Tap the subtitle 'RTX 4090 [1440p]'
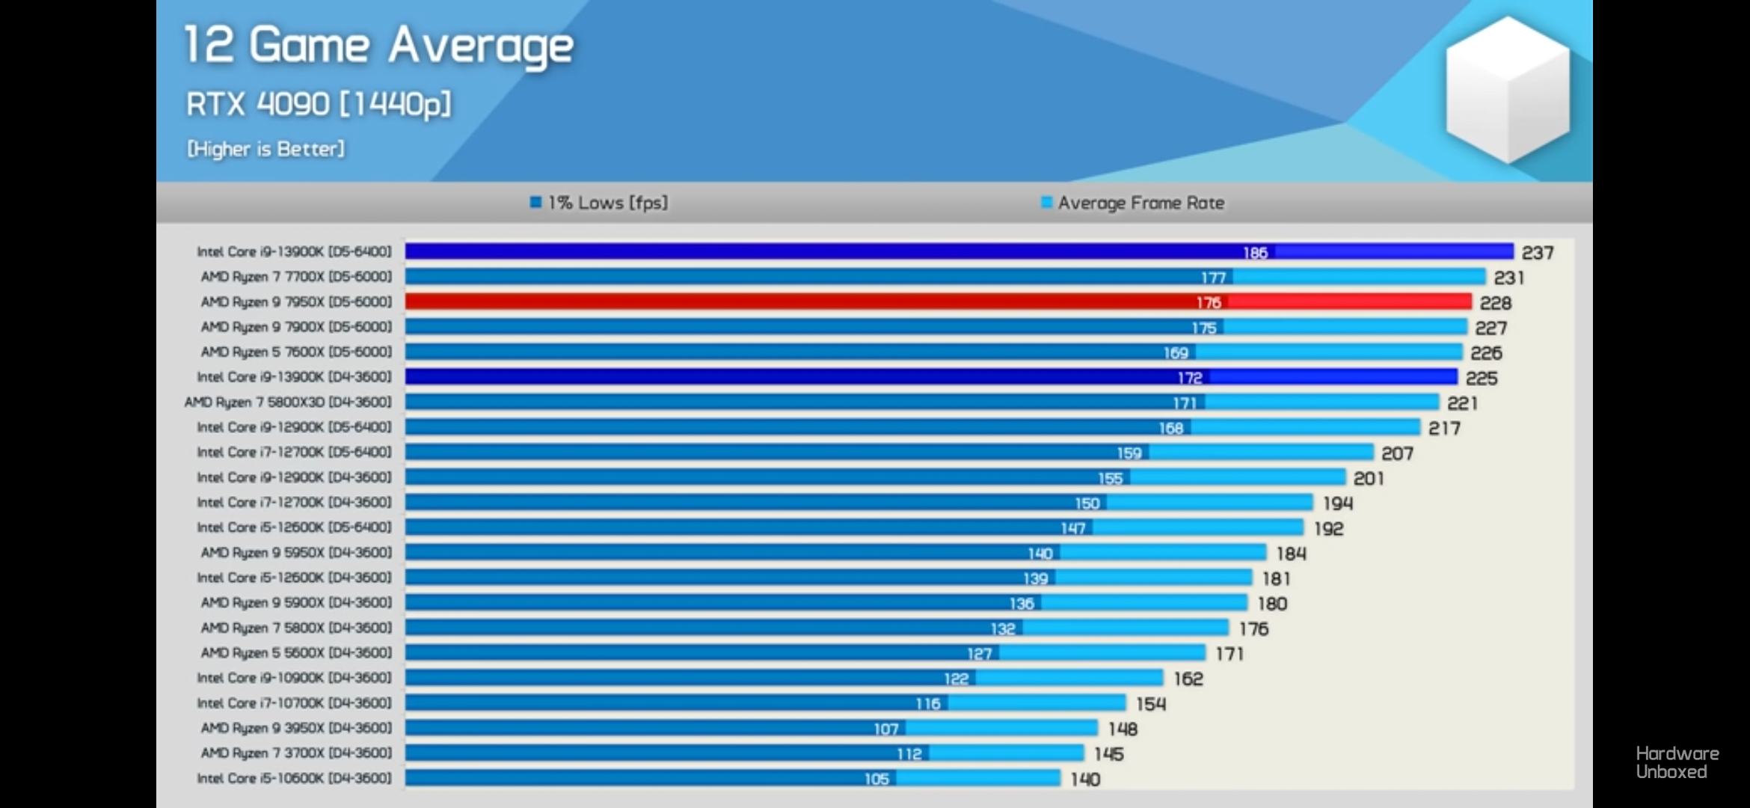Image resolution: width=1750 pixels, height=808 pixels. (319, 104)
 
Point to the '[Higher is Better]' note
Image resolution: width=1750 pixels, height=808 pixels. (265, 149)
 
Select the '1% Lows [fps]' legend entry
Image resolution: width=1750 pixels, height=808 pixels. (599, 203)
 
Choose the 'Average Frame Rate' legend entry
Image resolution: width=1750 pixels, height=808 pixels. (1133, 203)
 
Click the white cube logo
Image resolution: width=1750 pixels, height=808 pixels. (1507, 90)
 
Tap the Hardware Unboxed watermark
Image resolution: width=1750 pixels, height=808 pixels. (1677, 762)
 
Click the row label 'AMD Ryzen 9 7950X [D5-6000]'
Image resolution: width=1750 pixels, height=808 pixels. (296, 302)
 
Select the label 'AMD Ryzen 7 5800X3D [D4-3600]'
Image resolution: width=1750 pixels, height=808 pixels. (288, 402)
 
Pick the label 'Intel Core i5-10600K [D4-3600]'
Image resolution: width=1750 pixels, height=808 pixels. (294, 778)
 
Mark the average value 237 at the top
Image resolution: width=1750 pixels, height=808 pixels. (1538, 253)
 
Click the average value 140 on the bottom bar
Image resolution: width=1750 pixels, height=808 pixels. (1084, 780)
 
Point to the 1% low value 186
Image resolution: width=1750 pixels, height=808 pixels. (1255, 253)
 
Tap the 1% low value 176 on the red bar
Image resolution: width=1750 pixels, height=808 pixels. (1209, 302)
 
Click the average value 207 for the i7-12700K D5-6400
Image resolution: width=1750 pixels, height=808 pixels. (1397, 453)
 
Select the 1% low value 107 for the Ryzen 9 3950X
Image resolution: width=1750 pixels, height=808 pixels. (885, 729)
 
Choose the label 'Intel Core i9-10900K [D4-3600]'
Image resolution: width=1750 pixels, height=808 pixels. (294, 678)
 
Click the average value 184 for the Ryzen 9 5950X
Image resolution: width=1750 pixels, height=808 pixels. (1291, 554)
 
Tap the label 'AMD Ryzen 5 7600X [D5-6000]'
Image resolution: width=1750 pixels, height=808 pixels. (296, 352)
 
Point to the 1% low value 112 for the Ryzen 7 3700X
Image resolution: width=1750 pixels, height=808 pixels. (909, 754)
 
